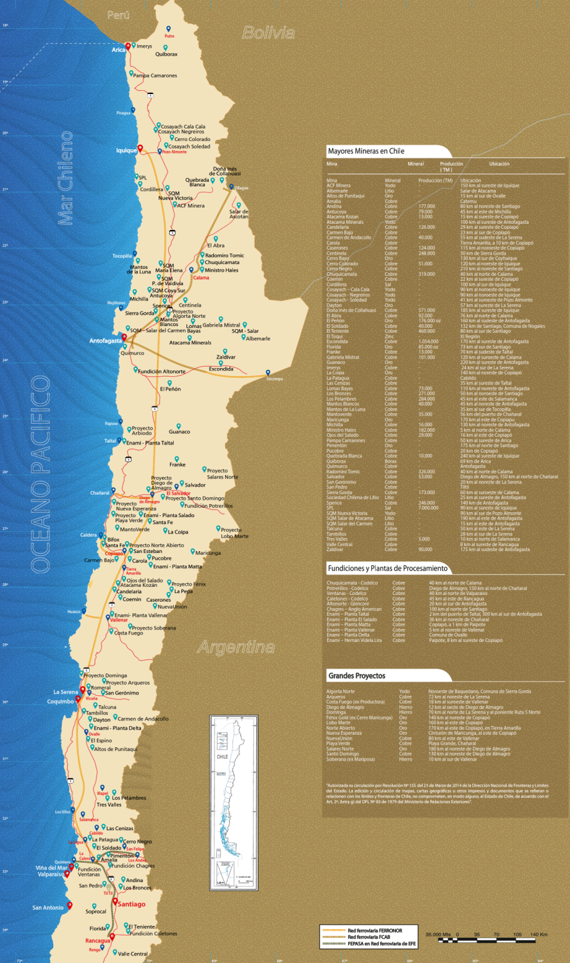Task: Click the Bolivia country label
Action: click(x=268, y=33)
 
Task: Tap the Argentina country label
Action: click(x=236, y=647)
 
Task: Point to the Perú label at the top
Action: click(x=119, y=15)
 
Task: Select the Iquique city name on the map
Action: click(x=126, y=150)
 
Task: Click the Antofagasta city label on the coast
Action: click(x=105, y=341)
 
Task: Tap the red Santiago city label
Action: click(x=132, y=904)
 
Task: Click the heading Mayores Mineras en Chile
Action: click(x=366, y=151)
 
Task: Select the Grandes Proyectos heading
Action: click(x=357, y=676)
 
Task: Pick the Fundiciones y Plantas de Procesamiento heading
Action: click(x=388, y=568)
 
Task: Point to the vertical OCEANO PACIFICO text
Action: click(x=41, y=473)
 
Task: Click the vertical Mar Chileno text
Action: click(x=66, y=178)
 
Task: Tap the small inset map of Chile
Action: click(x=233, y=802)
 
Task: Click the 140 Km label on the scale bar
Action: click(x=539, y=935)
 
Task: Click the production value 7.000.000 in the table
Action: click(x=428, y=508)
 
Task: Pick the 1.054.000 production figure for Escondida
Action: click(x=428, y=342)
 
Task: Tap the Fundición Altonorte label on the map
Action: click(x=162, y=371)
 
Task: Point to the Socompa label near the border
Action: click(x=274, y=379)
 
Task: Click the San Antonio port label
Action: click(x=48, y=907)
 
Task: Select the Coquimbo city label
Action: click(x=60, y=702)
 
